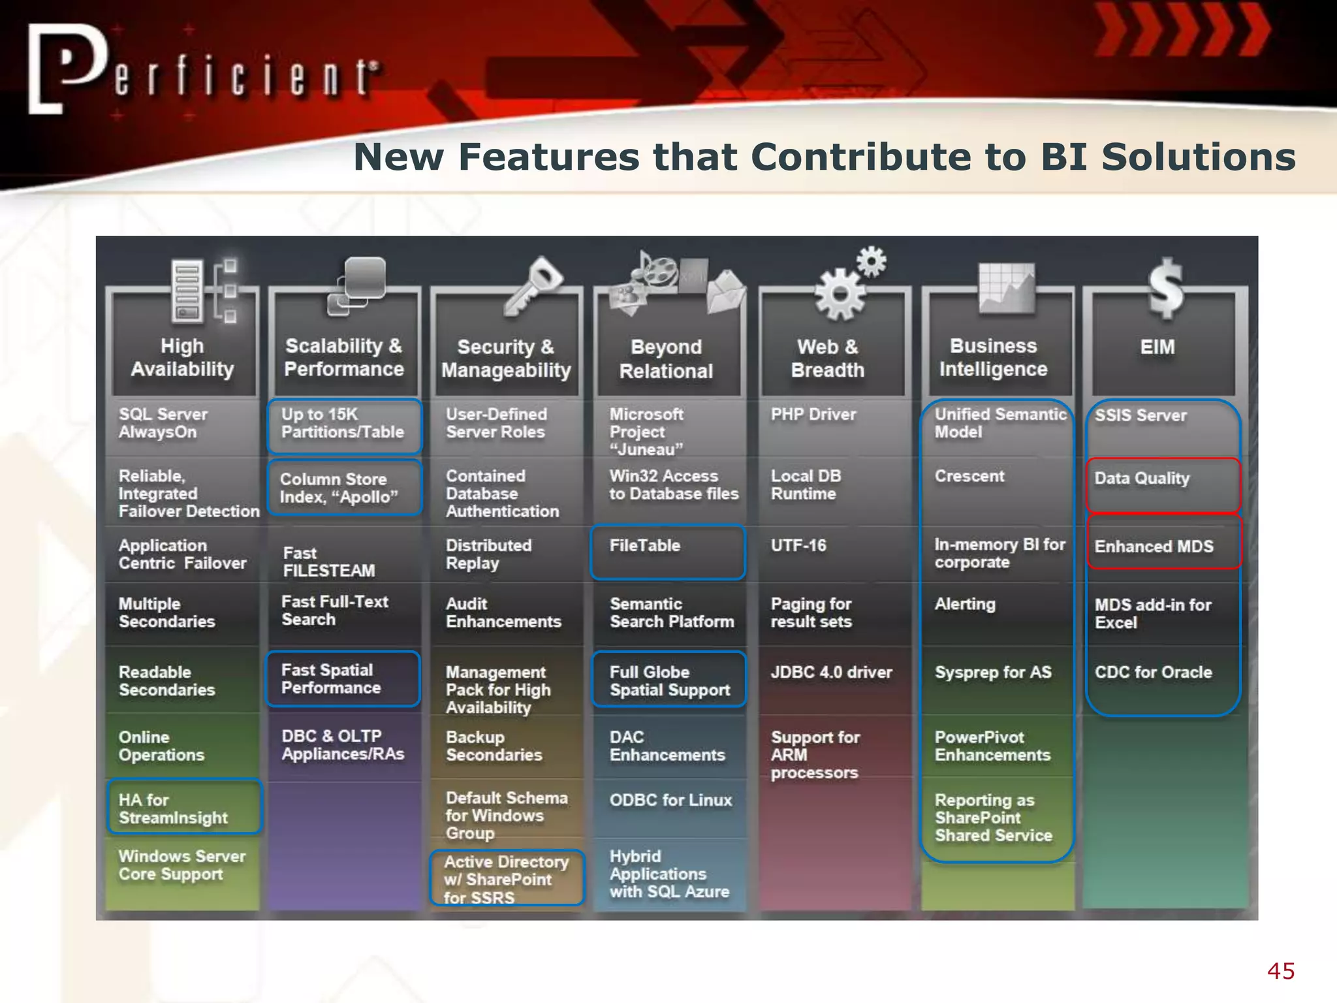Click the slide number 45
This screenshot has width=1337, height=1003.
tap(1281, 971)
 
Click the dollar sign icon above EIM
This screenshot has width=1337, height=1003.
tap(1165, 287)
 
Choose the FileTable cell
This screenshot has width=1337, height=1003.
tap(668, 552)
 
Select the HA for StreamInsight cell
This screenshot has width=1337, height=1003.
tap(185, 808)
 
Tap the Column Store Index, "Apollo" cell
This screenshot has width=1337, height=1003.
tap(344, 488)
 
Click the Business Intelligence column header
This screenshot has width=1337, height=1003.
tap(993, 357)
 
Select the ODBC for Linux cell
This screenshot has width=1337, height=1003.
tap(670, 801)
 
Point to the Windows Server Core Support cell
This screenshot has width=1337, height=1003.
tap(182, 865)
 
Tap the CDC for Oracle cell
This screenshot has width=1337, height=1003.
tap(1154, 673)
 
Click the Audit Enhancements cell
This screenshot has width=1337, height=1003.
tap(503, 613)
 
